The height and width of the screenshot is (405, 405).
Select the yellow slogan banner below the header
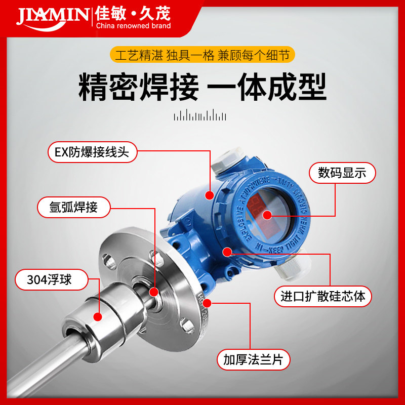coord(202,55)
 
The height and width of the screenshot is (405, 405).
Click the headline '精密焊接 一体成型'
coord(202,87)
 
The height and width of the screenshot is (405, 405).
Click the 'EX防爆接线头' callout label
coord(93,152)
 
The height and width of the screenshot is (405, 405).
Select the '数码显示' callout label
coord(343,173)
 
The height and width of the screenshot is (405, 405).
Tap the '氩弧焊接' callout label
coord(74,207)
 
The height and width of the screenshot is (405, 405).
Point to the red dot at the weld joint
coord(154,292)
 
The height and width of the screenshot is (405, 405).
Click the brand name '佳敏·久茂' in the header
coord(133,13)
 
